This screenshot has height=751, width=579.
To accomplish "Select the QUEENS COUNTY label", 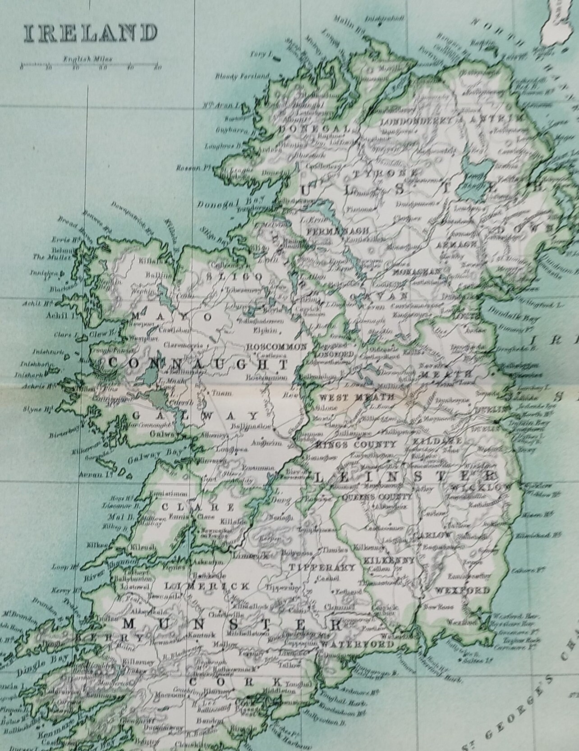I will (377, 497).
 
